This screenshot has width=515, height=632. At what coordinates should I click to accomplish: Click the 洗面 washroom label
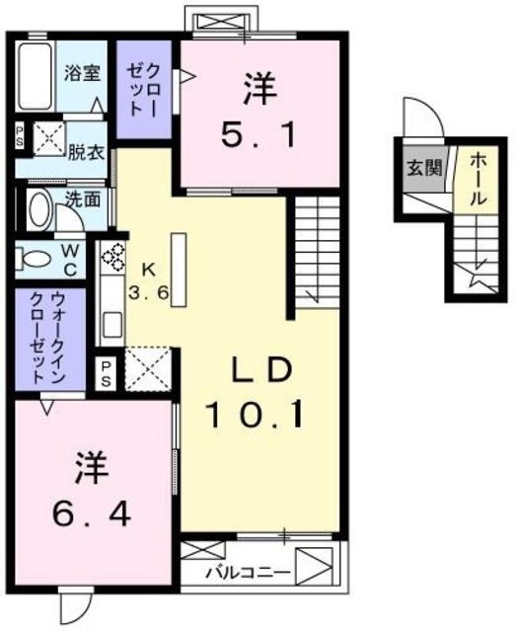point(82,197)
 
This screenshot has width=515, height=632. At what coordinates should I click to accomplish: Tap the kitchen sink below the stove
point(110,321)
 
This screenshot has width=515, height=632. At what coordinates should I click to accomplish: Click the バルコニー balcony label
point(248,572)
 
